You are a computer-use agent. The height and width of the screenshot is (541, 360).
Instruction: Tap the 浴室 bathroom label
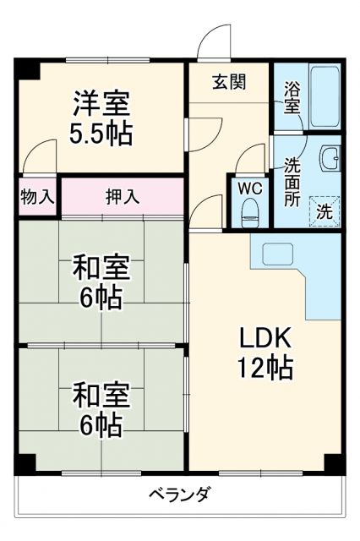point(292,97)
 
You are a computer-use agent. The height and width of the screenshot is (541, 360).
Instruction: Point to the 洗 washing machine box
point(325,211)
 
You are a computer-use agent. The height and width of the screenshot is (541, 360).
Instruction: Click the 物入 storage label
point(37,198)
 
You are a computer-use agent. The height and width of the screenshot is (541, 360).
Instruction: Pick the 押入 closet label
point(123,198)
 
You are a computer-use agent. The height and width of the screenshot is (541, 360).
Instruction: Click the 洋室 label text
point(101,106)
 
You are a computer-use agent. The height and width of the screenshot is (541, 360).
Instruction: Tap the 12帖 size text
point(264,368)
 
